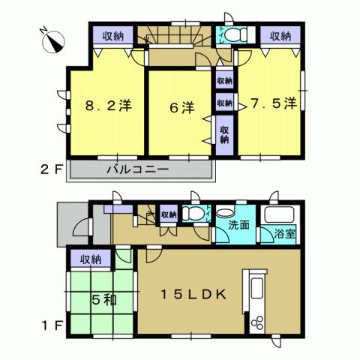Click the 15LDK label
[x=190, y=295]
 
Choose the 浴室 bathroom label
[x=284, y=232]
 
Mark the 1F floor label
[x=51, y=328]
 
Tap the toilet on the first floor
[x=193, y=214]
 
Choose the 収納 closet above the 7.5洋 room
[x=280, y=35]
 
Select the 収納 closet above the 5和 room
[x=90, y=259]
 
